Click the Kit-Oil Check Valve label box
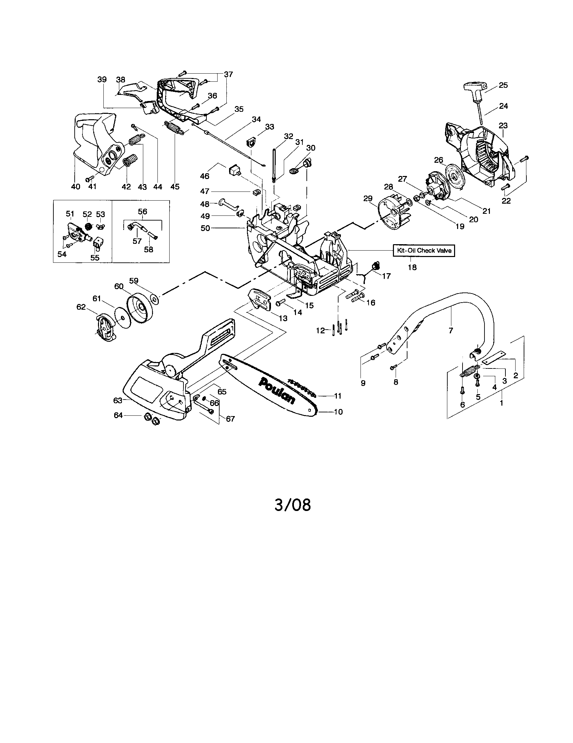click(424, 250)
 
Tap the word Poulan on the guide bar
click(277, 390)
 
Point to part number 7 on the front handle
click(451, 330)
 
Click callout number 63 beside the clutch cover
click(118, 401)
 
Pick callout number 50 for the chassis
click(205, 228)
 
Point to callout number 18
click(412, 267)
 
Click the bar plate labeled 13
click(260, 299)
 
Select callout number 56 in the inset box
click(142, 212)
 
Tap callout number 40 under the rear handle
click(75, 186)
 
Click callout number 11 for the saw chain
click(338, 396)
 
